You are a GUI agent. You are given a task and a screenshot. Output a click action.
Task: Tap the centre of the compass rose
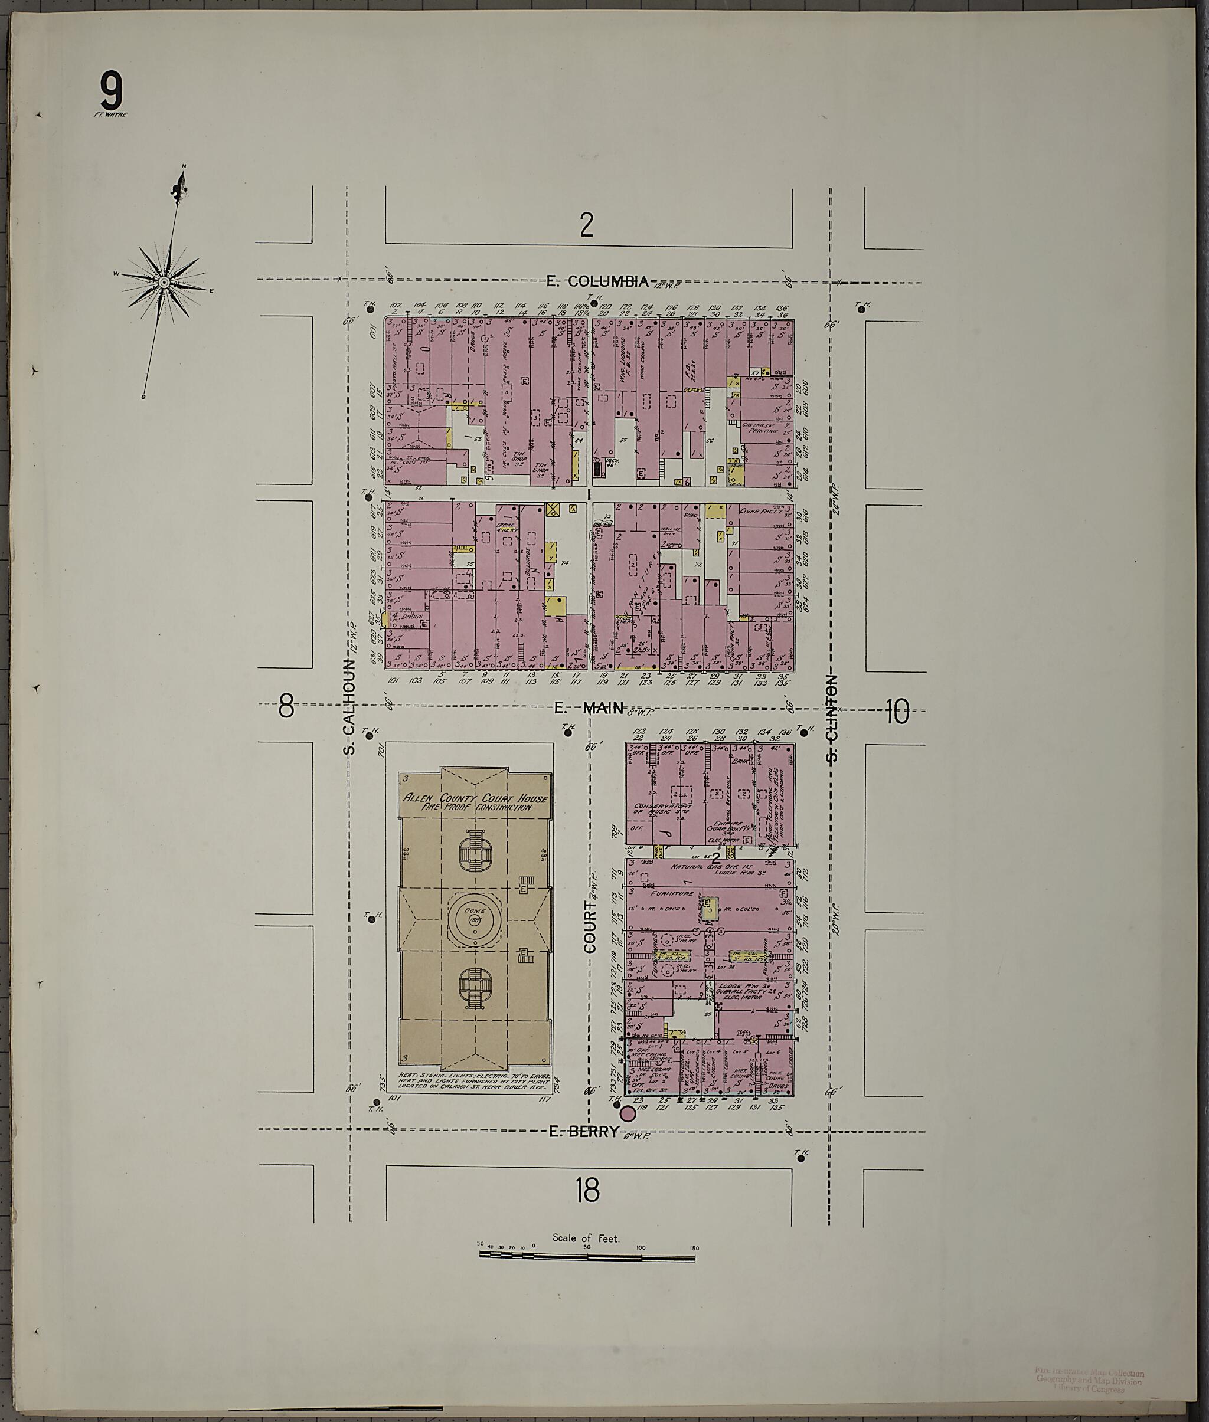coord(165,282)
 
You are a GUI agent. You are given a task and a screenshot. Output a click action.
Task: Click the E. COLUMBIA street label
coord(597,281)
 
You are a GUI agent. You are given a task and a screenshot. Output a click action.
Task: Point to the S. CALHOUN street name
coord(350,707)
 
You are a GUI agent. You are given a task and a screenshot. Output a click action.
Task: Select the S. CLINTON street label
coord(832,718)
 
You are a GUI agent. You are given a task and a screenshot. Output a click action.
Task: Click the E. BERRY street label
coord(584,1132)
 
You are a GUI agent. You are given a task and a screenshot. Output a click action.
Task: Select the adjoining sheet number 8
coord(286,706)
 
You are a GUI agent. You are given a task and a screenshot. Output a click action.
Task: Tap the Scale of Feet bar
coord(587,1256)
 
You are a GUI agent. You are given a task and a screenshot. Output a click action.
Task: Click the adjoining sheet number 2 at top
coord(586,224)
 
